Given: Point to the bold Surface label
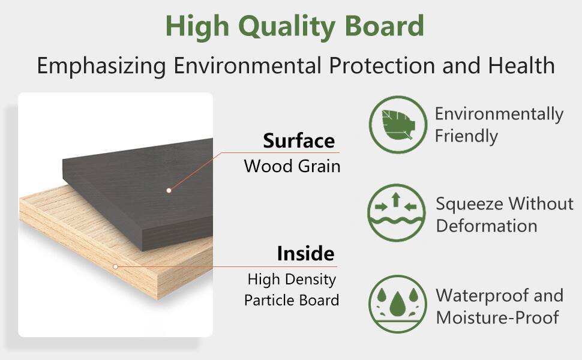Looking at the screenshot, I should [x=298, y=141].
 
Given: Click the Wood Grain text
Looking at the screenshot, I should [x=292, y=166].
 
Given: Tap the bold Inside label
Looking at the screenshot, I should [x=305, y=253].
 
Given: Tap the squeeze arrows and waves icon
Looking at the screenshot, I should [x=397, y=213].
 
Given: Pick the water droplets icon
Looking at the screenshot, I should [x=397, y=304].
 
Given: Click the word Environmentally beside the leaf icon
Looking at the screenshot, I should [x=499, y=114].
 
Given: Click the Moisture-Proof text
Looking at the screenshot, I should [x=497, y=317].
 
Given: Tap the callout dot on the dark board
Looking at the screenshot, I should [x=169, y=190].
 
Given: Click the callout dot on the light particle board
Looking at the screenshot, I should [x=115, y=266].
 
